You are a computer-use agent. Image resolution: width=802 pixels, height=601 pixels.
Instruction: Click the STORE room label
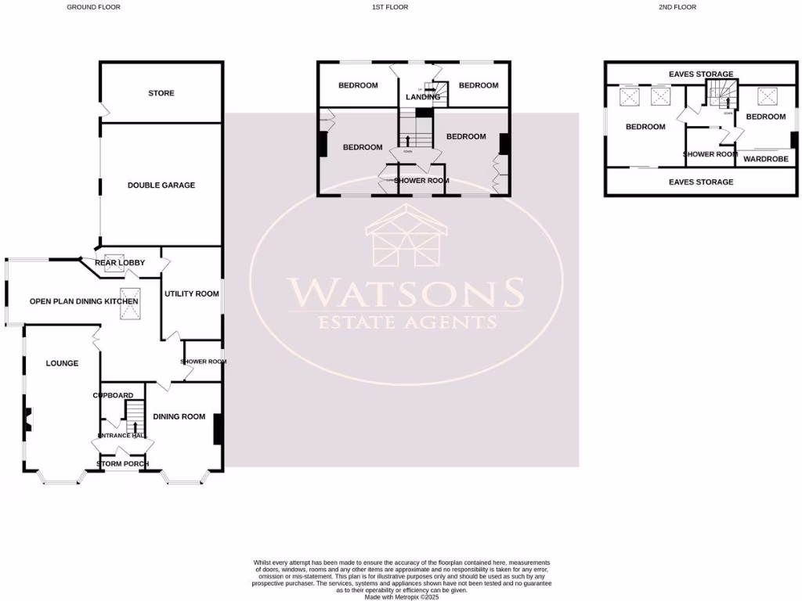point(161,93)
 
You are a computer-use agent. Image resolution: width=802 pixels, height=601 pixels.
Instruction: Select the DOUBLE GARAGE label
point(161,185)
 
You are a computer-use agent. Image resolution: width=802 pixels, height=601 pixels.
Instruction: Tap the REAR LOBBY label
point(120,262)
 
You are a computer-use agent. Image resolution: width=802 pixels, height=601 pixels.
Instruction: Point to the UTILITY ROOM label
point(191,293)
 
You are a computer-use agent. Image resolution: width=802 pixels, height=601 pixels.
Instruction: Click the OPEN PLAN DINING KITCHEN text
point(84,301)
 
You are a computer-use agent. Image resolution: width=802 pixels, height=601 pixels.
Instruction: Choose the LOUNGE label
point(62,363)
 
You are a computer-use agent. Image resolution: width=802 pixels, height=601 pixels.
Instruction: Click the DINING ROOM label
point(179,417)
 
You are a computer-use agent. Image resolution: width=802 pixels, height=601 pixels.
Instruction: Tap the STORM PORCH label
point(122,464)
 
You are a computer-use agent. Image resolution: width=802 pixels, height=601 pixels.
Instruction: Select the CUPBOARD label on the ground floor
point(113,396)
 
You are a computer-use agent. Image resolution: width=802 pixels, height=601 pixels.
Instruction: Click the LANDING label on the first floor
point(422,97)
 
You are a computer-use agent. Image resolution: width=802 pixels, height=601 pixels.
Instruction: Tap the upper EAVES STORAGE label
point(701,74)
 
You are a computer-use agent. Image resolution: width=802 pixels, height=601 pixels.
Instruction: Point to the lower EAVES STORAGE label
point(701,182)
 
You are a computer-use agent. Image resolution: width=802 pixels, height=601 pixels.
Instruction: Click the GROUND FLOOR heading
point(93,7)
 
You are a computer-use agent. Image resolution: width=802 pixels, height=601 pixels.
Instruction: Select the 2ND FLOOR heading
point(678,7)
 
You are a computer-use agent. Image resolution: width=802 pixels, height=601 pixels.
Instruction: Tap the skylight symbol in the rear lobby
point(114,262)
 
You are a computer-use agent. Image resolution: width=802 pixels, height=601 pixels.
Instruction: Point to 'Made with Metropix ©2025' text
point(403,597)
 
